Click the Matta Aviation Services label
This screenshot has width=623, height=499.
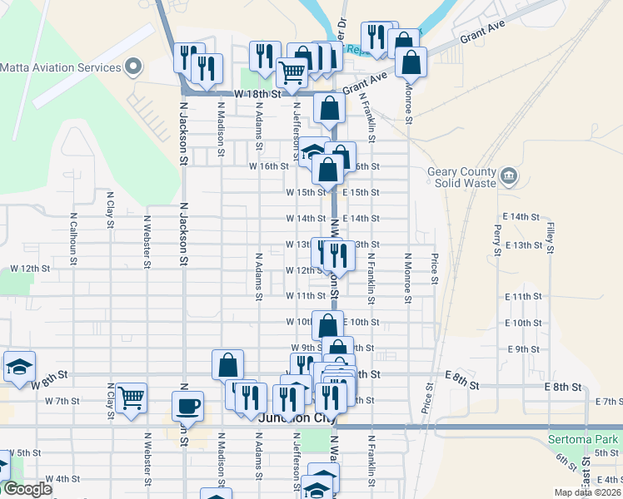click(62, 67)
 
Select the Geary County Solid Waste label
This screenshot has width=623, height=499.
click(462, 177)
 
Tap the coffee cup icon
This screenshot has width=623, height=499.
click(187, 406)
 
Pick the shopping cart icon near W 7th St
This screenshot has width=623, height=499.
click(132, 398)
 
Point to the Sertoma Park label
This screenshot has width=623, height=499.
click(583, 438)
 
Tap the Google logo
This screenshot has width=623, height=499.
click(27, 489)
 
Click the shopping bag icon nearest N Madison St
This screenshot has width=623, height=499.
click(227, 363)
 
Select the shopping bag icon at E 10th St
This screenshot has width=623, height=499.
click(327, 325)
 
